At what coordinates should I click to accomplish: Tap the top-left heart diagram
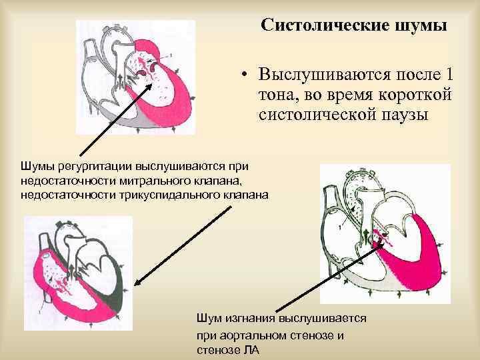click(137, 77)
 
